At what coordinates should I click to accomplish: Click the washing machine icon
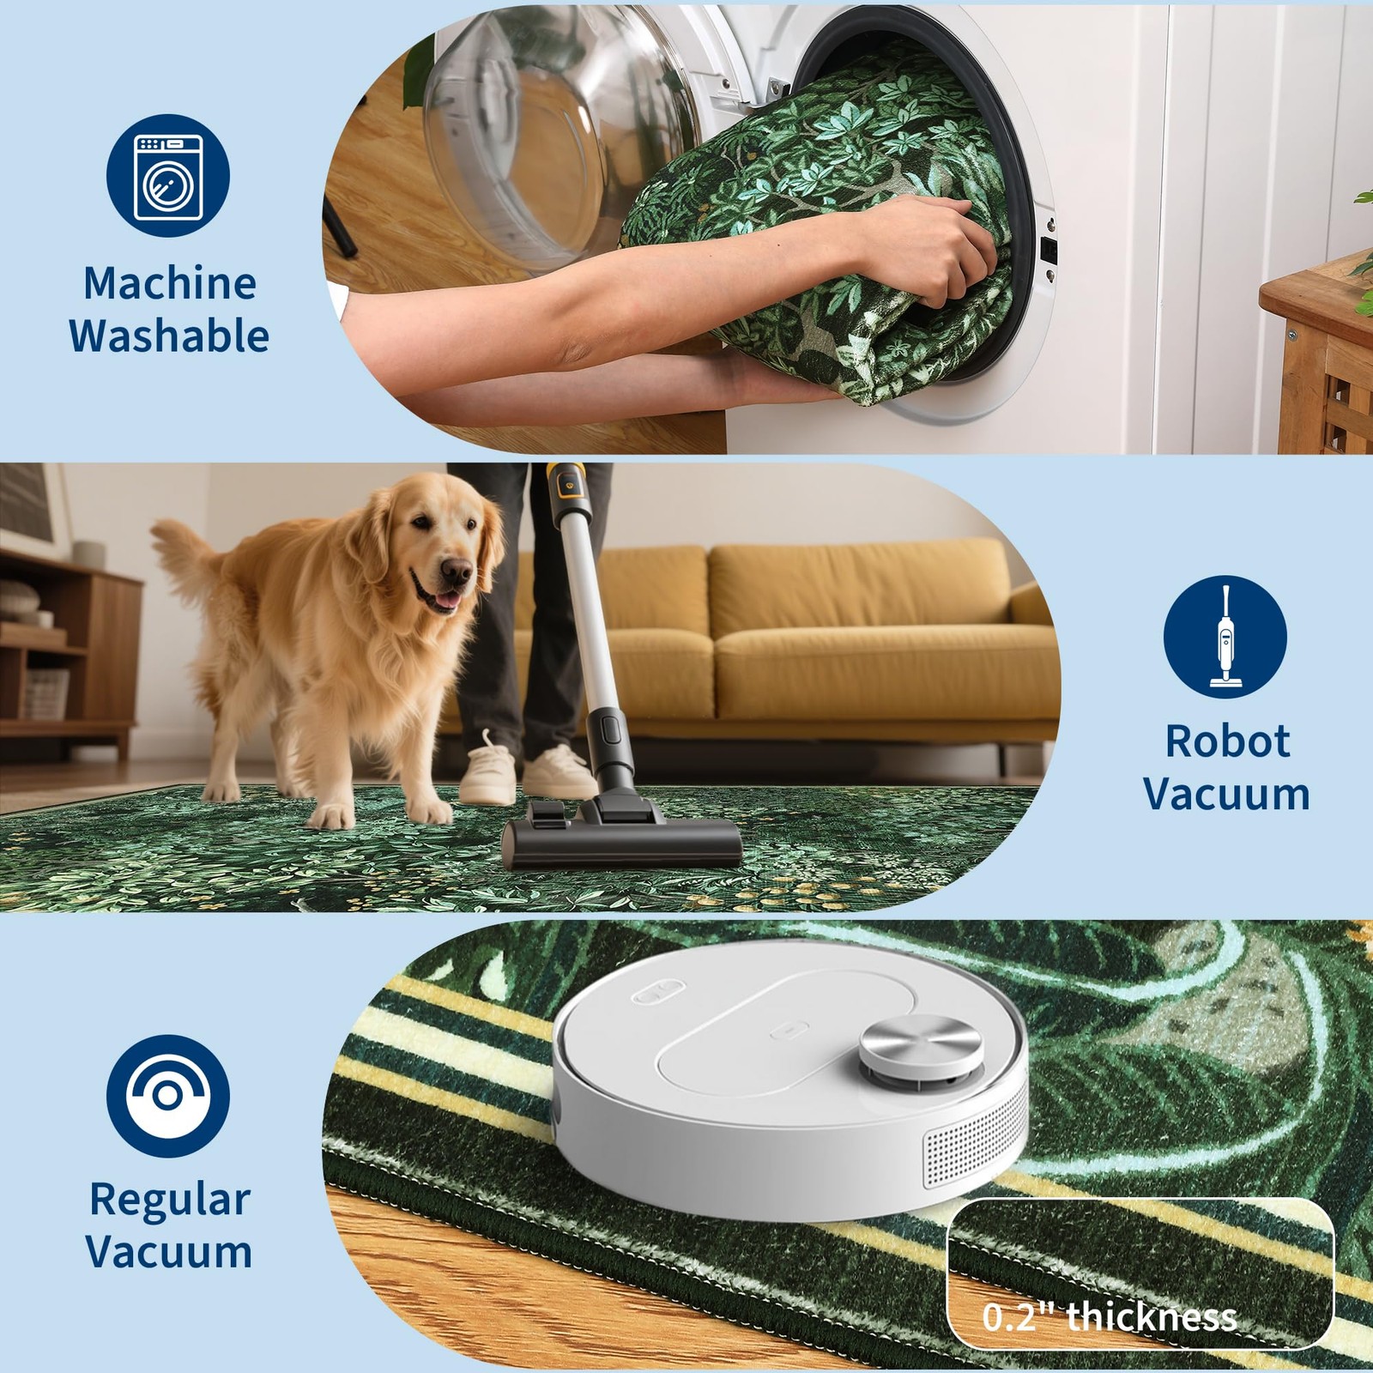168,176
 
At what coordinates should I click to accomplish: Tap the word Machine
170,283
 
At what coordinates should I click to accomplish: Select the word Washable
169,335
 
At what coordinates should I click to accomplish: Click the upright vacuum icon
1225,636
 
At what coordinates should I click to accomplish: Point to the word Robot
1227,741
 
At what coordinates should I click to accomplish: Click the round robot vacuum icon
168,1096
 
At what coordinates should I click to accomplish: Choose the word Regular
170,1201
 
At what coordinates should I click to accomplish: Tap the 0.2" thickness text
1110,1316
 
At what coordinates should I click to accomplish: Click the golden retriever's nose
459,572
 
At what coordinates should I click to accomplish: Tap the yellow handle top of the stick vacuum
564,485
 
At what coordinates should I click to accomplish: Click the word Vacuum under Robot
1227,794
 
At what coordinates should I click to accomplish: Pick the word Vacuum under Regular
169,1251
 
